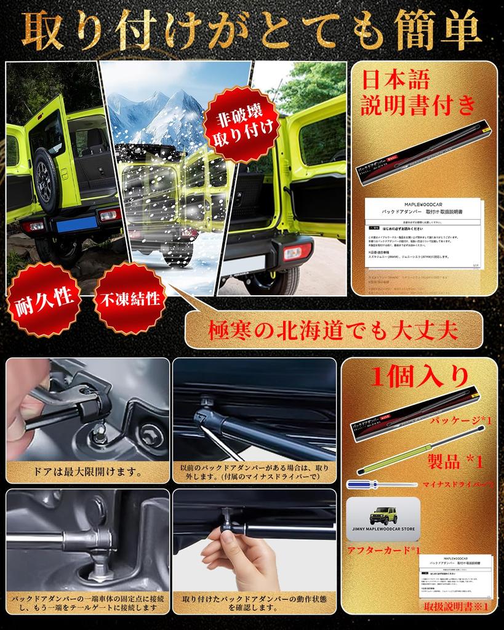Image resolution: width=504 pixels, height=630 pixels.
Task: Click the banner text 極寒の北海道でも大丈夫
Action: coord(334,331)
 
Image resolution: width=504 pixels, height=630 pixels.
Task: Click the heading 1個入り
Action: coord(420,376)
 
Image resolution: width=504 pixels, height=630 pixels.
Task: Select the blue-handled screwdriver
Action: coord(382,485)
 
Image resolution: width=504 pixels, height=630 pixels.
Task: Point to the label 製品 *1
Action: coord(455,461)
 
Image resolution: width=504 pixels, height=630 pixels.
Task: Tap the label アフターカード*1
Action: coord(383,549)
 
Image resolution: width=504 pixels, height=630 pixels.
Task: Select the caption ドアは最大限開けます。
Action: coord(87,472)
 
